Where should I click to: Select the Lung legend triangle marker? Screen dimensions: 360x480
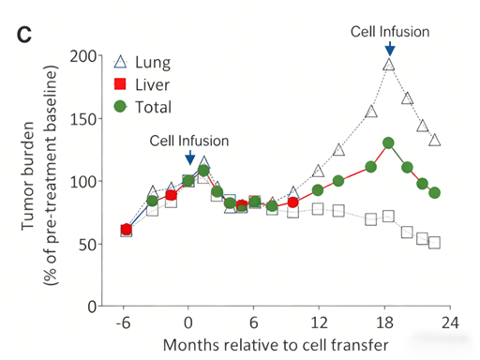(119, 63)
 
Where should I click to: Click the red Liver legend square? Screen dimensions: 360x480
(119, 84)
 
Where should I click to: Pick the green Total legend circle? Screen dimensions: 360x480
(119, 107)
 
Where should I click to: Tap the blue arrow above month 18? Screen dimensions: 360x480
(389, 48)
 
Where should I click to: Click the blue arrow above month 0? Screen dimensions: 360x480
(189, 157)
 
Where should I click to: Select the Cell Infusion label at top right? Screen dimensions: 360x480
(390, 31)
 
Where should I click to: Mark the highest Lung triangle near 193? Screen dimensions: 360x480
(389, 65)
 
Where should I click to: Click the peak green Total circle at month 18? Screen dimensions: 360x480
(388, 143)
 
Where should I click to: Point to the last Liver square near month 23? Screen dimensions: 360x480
(434, 243)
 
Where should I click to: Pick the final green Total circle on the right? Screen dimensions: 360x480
(434, 192)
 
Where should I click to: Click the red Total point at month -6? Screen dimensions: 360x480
(126, 230)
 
